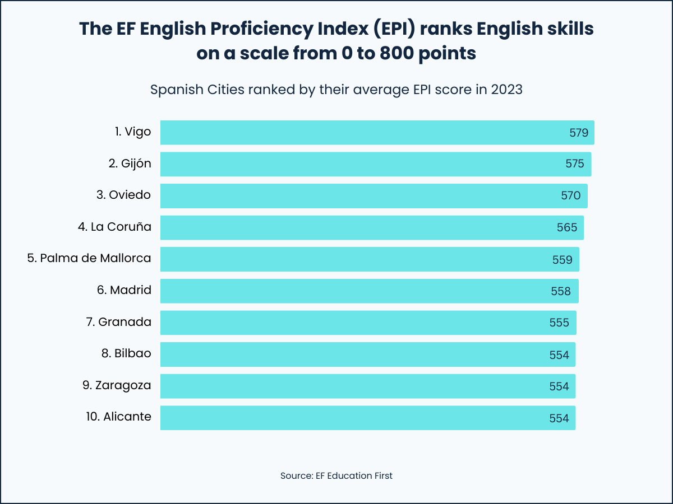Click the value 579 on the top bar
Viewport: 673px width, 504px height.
tap(578, 133)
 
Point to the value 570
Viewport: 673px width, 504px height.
tap(571, 196)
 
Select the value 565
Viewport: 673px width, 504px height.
tap(566, 228)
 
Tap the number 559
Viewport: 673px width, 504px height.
tap(562, 260)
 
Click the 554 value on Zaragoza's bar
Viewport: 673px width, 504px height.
tap(559, 386)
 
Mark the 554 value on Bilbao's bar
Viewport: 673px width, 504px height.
tap(559, 355)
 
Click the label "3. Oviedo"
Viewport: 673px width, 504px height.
tap(123, 195)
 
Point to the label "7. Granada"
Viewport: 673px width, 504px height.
tap(119, 322)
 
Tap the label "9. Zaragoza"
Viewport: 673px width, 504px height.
tap(116, 385)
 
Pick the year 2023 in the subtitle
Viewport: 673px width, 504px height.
tap(506, 90)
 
